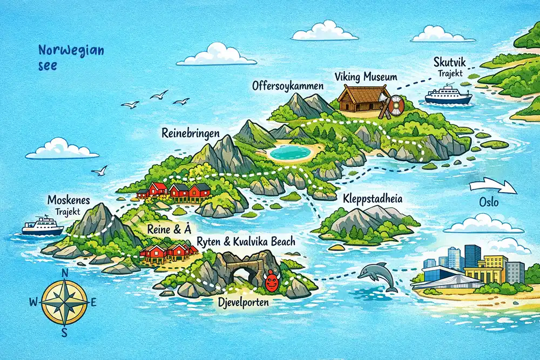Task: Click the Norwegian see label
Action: (x=71, y=58)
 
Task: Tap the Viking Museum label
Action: (x=366, y=77)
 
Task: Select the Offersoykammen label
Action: (x=288, y=86)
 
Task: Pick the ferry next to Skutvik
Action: (x=448, y=96)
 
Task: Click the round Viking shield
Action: (x=396, y=105)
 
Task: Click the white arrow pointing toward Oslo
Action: (x=493, y=187)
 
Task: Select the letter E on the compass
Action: (x=93, y=303)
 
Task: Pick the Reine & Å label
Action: (x=170, y=229)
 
